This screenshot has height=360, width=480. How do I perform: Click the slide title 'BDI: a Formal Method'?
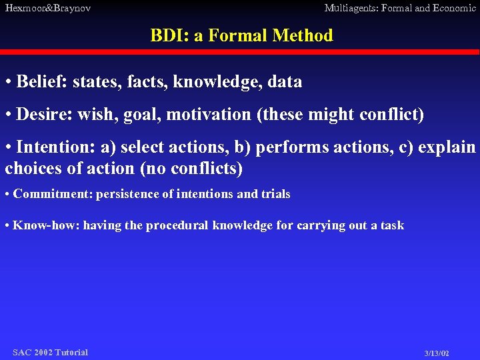241,35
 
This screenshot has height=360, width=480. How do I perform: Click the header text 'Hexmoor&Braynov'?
48,8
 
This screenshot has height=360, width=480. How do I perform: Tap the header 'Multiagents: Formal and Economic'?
400,8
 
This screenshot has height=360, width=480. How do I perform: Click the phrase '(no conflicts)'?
191,169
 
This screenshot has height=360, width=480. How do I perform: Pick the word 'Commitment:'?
53,195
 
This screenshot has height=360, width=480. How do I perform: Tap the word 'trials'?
275,195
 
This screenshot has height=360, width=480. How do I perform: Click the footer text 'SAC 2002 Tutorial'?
50,352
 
